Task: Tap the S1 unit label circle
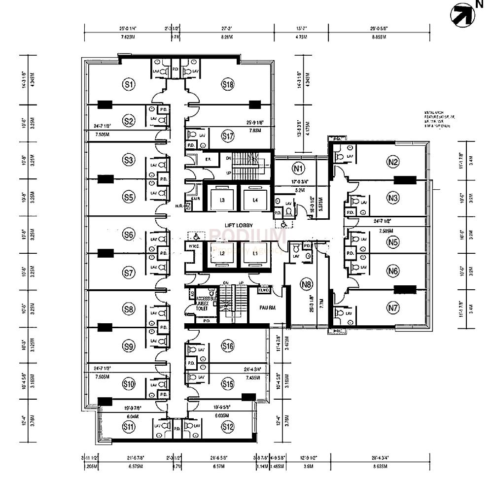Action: tap(129, 84)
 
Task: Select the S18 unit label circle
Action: tap(227, 84)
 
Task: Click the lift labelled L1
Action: tap(255, 253)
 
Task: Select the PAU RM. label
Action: tap(267, 307)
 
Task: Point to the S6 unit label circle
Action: tap(129, 235)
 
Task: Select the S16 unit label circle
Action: tap(227, 346)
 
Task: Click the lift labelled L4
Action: tap(255, 200)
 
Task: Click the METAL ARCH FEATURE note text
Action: tap(436, 119)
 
